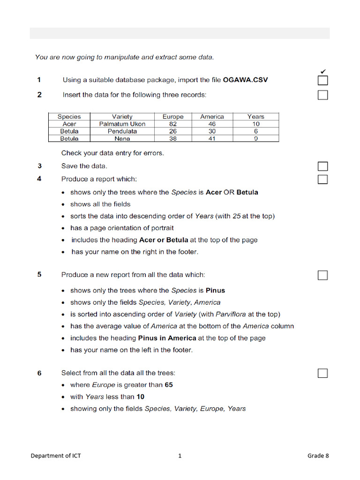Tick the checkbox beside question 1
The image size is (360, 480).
[x=322, y=80]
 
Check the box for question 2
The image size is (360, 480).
[x=322, y=95]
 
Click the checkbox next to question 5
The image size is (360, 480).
[x=322, y=275]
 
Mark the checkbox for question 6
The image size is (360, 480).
[x=322, y=373]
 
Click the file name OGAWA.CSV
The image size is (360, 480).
[x=245, y=80]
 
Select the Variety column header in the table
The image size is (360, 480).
[x=122, y=117]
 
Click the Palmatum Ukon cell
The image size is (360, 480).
[x=122, y=124]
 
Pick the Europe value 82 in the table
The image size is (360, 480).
[x=173, y=124]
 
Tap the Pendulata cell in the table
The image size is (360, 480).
[x=122, y=131]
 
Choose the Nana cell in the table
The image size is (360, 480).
[x=122, y=139]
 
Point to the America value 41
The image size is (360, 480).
[x=212, y=139]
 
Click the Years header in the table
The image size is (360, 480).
[x=256, y=117]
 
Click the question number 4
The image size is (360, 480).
[x=40, y=179]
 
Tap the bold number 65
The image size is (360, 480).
[x=169, y=385]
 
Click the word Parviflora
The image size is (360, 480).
[x=231, y=314]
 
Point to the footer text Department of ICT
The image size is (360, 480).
[x=56, y=456]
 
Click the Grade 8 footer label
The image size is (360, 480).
[x=318, y=456]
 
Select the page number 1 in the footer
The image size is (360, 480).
[x=180, y=456]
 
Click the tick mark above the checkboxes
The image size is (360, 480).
[x=322, y=71]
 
